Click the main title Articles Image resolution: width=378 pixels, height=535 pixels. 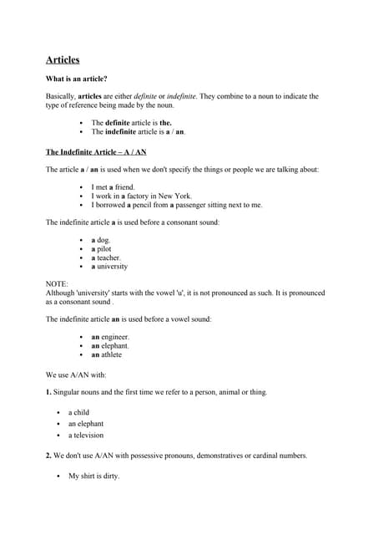63,60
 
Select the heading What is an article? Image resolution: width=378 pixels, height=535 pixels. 77,79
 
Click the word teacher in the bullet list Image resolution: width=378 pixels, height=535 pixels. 108,257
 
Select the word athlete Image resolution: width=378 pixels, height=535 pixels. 114,354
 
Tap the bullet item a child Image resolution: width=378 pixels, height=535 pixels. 78,412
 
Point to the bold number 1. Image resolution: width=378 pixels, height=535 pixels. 48,392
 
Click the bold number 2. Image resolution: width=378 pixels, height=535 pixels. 48,456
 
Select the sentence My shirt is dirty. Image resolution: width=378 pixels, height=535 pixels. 93,476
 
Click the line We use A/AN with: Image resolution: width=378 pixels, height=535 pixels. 76,374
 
